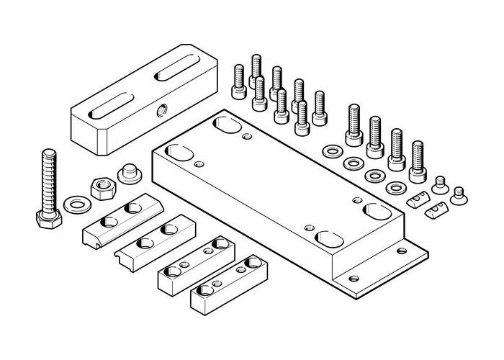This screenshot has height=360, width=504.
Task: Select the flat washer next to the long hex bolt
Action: pyautogui.click(x=75, y=204)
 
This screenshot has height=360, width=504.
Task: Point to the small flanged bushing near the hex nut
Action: pyautogui.click(x=130, y=174)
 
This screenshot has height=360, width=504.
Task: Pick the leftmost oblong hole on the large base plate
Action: pyautogui.click(x=178, y=153)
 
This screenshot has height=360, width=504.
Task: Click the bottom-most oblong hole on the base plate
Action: pyautogui.click(x=328, y=238)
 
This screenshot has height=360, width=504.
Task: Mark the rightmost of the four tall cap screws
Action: pyautogui.click(x=417, y=162)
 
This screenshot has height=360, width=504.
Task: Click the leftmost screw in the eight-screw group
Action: pyautogui.click(x=239, y=81)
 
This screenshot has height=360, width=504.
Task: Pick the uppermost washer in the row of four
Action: pyautogui.click(x=332, y=151)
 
